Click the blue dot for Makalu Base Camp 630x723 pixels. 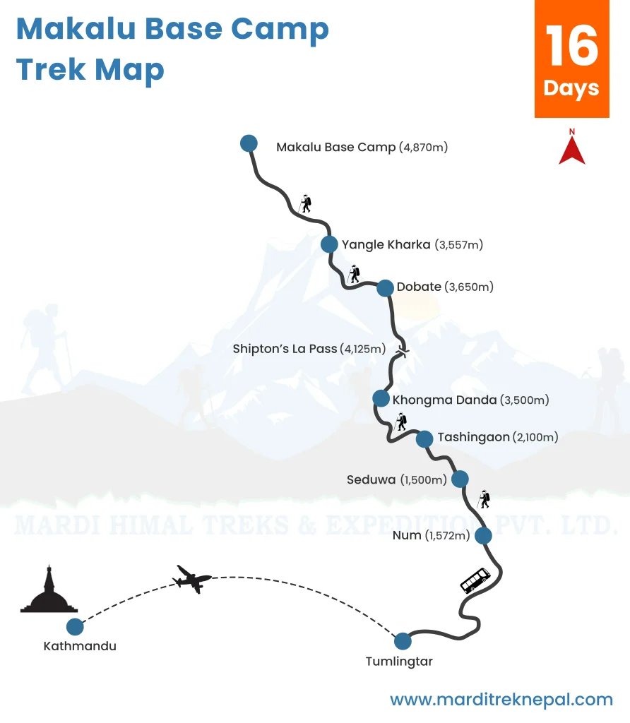249,143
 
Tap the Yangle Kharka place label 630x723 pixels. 386,245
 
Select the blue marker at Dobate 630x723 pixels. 385,287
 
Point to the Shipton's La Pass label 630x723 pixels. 285,349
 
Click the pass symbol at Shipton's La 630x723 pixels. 403,351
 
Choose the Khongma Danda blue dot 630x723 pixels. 381,398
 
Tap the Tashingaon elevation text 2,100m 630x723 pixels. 535,438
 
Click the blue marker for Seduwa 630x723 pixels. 460,479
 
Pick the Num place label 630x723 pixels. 406,536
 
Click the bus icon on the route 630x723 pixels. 475,580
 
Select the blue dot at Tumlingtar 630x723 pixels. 403,641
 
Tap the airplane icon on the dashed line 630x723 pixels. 192,579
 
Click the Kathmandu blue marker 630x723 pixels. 75,626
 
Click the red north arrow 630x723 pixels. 572,148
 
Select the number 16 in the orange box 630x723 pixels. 571,47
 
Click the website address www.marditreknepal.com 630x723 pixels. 501,700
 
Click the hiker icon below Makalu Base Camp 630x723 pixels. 305,203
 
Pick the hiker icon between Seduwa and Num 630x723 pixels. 484,498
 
